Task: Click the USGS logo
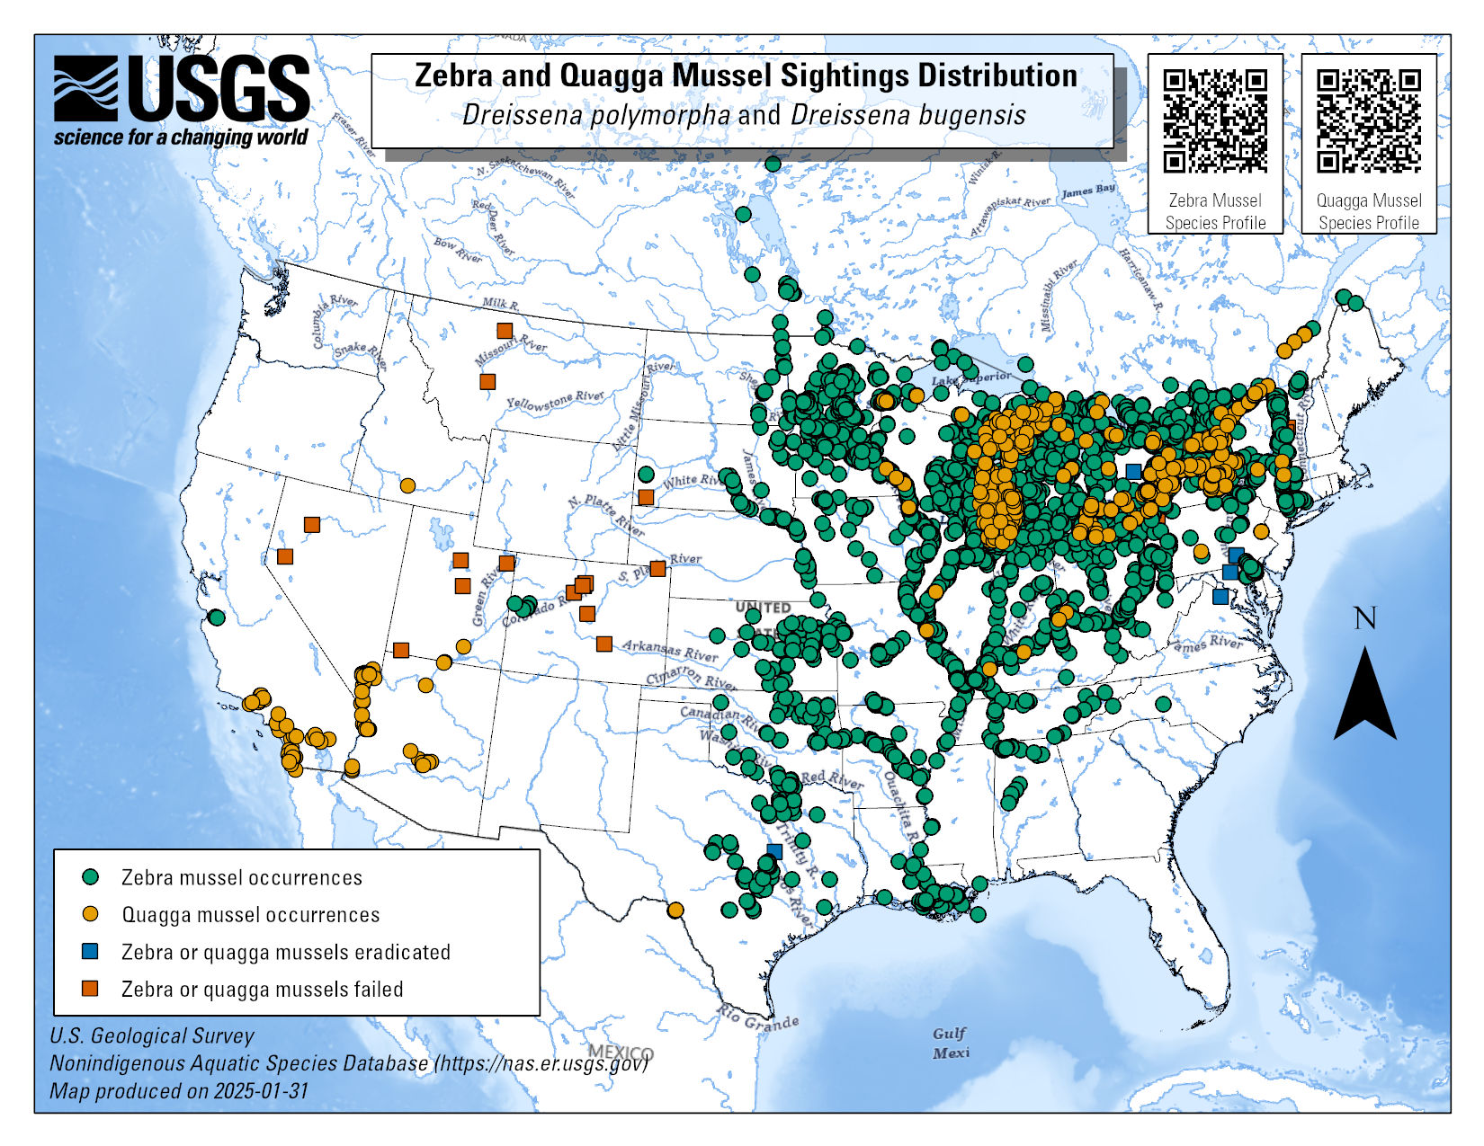pyautogui.click(x=181, y=100)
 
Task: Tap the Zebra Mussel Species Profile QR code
pyautogui.click(x=1215, y=120)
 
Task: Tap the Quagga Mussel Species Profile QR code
pyautogui.click(x=1369, y=120)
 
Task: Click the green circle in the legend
pyautogui.click(x=90, y=876)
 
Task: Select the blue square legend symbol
pyautogui.click(x=90, y=951)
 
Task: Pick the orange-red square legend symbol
pyautogui.click(x=90, y=989)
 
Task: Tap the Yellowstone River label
pyautogui.click(x=554, y=401)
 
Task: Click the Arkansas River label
pyautogui.click(x=670, y=650)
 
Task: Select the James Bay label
pyautogui.click(x=1088, y=191)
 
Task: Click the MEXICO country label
pyautogui.click(x=621, y=1053)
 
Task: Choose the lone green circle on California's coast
pyautogui.click(x=216, y=617)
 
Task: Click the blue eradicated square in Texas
pyautogui.click(x=774, y=850)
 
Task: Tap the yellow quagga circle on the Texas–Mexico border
pyautogui.click(x=675, y=910)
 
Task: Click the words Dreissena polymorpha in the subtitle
pyautogui.click(x=596, y=115)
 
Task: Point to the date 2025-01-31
pyautogui.click(x=261, y=1091)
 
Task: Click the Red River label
pyautogui.click(x=831, y=779)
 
